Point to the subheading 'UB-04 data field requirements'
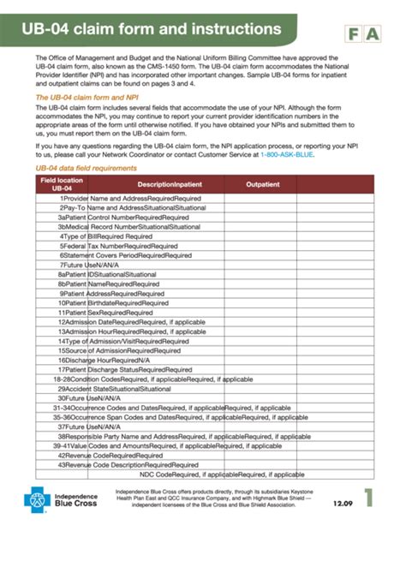coord(86,194)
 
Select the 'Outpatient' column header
coord(263,208)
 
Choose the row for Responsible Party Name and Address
coord(171,435)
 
